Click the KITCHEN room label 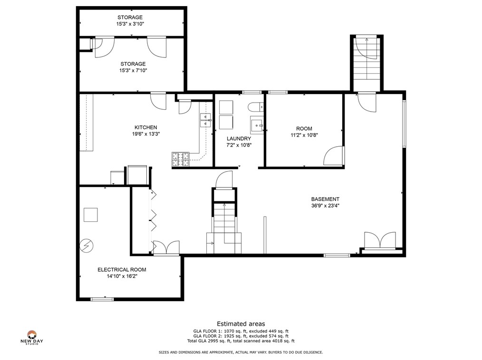coord(146,127)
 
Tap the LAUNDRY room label coord(239,139)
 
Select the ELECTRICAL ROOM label coord(122,270)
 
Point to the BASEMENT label coord(325,199)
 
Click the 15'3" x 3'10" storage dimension coord(130,24)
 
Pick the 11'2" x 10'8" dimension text coord(304,135)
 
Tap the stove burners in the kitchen coord(181,160)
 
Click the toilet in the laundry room coord(255,107)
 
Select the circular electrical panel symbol coord(87,246)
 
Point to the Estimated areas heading coord(241,324)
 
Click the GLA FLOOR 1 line coord(241,331)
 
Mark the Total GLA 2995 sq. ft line coord(241,341)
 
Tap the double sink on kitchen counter coord(206,120)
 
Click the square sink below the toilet coord(257,125)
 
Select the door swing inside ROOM coord(334,156)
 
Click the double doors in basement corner coord(380,240)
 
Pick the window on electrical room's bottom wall coord(102,299)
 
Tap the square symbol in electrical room coord(91,215)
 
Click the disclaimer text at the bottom coord(241,352)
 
